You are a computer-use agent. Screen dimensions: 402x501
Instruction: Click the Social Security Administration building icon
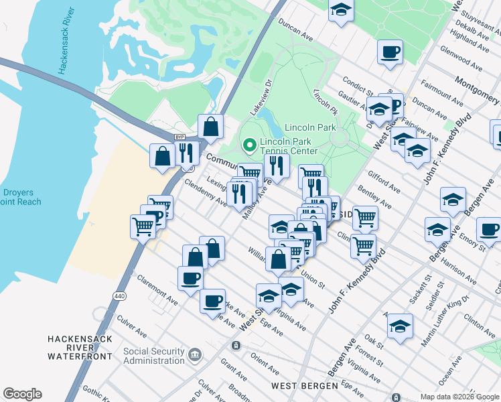click(195, 353)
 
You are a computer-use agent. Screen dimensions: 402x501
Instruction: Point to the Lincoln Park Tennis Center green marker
click(250, 145)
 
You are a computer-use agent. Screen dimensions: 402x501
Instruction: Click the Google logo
click(22, 394)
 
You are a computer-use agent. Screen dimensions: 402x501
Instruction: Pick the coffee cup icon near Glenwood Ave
click(389, 52)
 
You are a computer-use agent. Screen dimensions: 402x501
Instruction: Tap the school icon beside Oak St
click(400, 326)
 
